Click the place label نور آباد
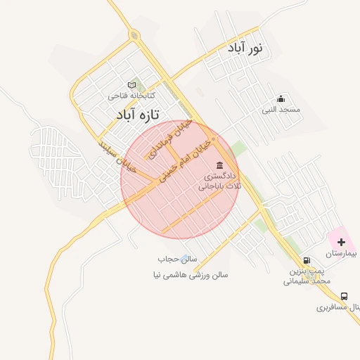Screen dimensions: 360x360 (244, 48)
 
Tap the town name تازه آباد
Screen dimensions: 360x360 (138, 113)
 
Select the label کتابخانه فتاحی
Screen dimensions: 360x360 (131, 94)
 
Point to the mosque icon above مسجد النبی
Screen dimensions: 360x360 (281, 98)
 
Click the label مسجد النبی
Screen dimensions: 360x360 (281, 110)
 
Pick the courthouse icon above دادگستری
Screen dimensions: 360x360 (220, 165)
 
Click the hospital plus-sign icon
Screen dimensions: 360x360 (341, 241)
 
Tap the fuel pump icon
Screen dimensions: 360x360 (306, 259)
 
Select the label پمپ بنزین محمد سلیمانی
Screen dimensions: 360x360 (307, 275)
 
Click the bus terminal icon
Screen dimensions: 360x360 (344, 297)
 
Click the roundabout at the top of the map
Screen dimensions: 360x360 (134, 34)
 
